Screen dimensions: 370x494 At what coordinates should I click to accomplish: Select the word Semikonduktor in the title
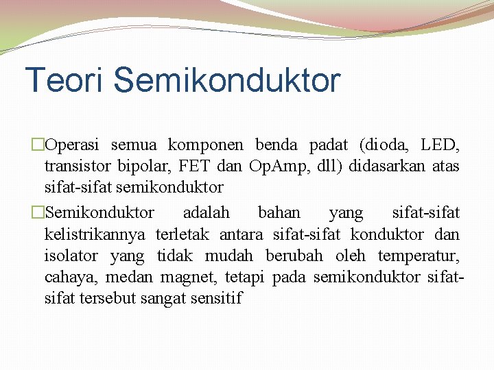point(226,80)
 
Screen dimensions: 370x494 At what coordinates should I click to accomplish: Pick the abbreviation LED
point(440,145)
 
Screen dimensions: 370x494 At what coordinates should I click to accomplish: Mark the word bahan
point(279,213)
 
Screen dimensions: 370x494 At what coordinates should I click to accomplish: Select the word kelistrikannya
point(95,234)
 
